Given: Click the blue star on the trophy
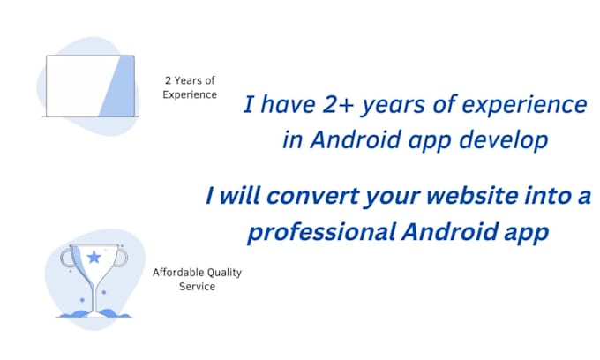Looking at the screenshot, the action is click(94, 257).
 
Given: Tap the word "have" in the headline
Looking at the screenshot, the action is click(288, 104).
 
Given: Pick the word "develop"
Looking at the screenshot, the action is click(504, 141).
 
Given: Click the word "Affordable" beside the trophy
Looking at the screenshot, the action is click(175, 273).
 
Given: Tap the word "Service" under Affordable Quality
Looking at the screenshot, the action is click(197, 287).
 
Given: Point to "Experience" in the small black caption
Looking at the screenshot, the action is click(190, 95).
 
